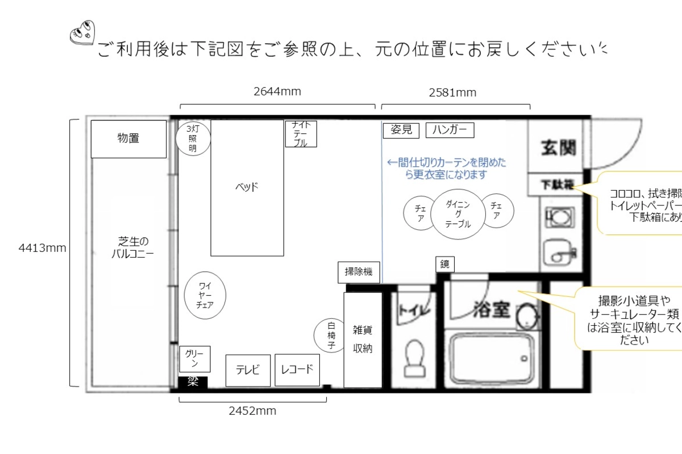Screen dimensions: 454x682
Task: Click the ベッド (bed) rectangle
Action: (247, 187)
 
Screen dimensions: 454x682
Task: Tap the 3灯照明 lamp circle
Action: (193, 139)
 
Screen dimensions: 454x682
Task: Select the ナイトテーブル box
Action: (300, 134)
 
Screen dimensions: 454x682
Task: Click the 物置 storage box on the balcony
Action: (128, 138)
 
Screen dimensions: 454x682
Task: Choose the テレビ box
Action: (248, 371)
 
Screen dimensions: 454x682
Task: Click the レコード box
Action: (297, 370)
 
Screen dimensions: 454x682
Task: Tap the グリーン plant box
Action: (194, 359)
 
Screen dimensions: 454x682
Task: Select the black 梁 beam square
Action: (193, 382)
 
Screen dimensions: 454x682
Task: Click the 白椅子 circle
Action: (331, 335)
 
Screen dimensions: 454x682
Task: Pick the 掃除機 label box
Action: (358, 272)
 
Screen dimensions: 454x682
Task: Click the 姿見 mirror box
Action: (401, 130)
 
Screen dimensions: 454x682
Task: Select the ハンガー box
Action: (450, 130)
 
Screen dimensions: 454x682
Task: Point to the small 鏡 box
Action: (445, 264)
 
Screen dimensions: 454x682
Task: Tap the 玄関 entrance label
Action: (557, 147)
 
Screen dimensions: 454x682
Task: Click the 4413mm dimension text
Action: (43, 248)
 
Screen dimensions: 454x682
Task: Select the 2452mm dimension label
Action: (252, 411)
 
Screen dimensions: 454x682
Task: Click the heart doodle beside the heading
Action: (82, 33)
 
